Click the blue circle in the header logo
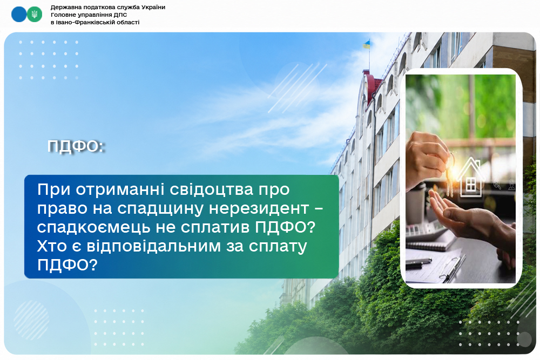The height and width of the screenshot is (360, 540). (x=18, y=15)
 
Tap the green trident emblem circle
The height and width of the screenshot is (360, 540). (x=35, y=15)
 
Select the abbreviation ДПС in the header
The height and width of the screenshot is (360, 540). (x=120, y=15)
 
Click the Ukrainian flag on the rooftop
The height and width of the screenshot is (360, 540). (x=367, y=44)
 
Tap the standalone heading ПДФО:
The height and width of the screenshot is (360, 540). (x=76, y=146)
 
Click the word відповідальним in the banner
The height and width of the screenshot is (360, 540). (x=153, y=247)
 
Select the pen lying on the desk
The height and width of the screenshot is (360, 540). (x=418, y=262)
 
